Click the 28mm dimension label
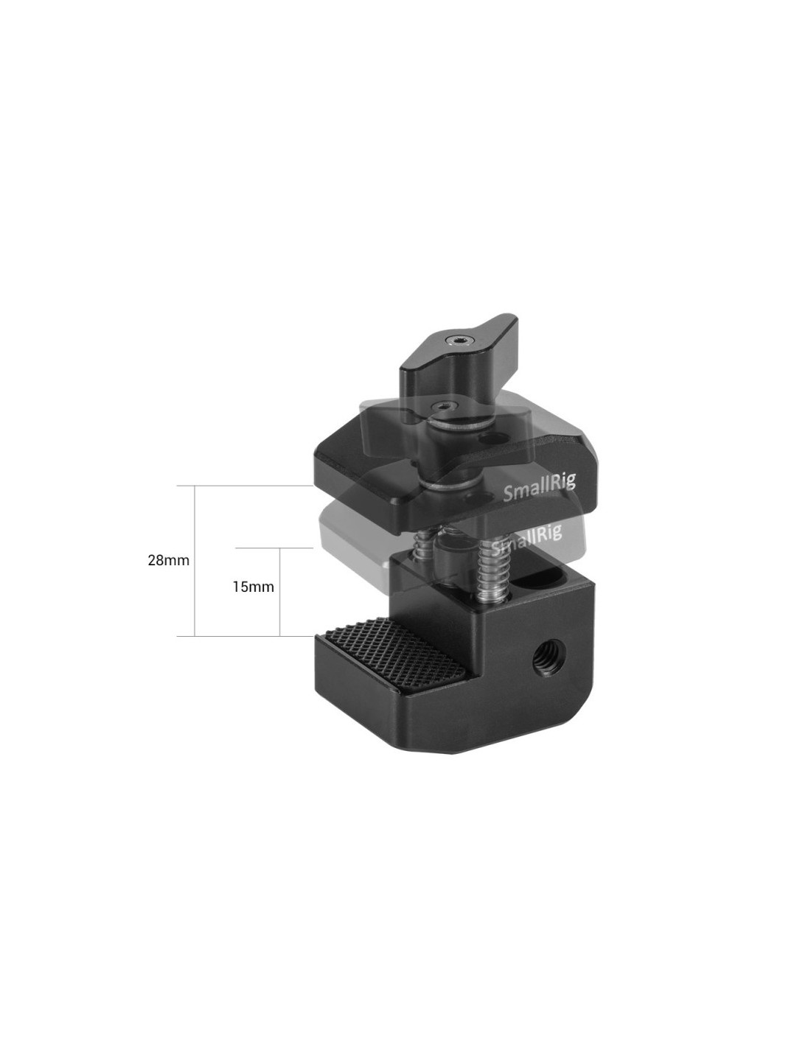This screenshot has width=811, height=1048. [x=168, y=561]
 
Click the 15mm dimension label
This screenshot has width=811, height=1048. [x=254, y=587]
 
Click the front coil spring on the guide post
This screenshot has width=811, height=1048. [x=490, y=572]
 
